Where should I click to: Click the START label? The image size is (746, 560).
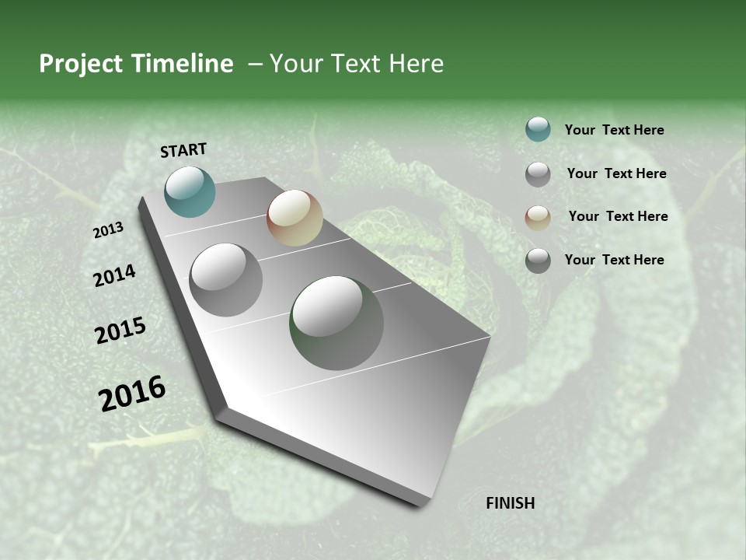pyautogui.click(x=183, y=150)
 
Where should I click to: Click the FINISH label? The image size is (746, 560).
pyautogui.click(x=510, y=503)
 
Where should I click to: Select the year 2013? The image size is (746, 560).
pyautogui.click(x=108, y=230)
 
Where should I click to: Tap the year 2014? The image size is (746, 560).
pyautogui.click(x=114, y=276)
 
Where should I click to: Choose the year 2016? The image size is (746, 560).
pyautogui.click(x=132, y=394)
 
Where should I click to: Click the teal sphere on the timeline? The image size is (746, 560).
pyautogui.click(x=190, y=191)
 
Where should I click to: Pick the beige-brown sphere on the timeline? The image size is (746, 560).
pyautogui.click(x=295, y=218)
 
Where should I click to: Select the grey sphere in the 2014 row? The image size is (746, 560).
pyautogui.click(x=225, y=280)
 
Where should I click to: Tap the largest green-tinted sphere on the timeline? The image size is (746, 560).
pyautogui.click(x=336, y=323)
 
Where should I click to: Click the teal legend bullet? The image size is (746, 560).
pyautogui.click(x=538, y=130)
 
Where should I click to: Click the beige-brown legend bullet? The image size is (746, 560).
pyautogui.click(x=538, y=217)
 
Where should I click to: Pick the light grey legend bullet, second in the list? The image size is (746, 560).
pyautogui.click(x=538, y=174)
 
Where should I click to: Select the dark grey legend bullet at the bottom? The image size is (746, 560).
pyautogui.click(x=538, y=260)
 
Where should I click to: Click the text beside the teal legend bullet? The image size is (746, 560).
pyautogui.click(x=614, y=131)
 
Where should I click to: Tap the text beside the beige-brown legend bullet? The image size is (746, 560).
pyautogui.click(x=618, y=216)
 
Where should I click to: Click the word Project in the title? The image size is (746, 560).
pyautogui.click(x=80, y=64)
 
